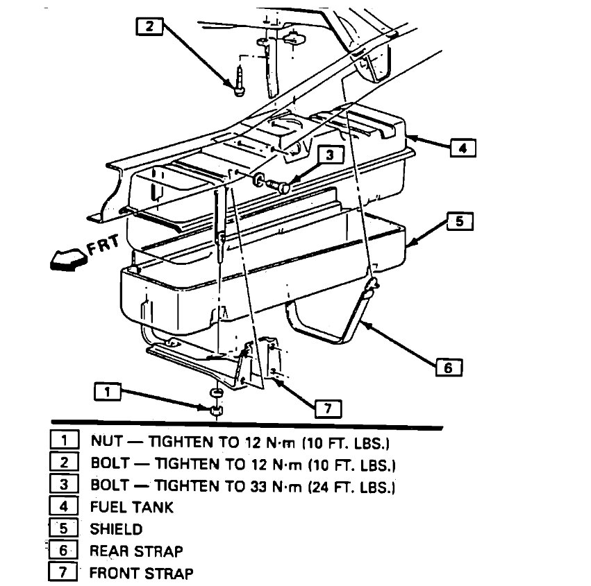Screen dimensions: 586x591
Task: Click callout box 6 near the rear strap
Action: tap(448, 368)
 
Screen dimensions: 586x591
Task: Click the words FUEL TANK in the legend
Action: tap(132, 507)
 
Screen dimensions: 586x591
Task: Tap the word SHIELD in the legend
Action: tap(116, 529)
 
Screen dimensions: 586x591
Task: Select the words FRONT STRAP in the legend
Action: tap(141, 573)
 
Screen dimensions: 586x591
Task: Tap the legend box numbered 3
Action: tap(63, 484)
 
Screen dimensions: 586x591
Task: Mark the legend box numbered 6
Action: tap(63, 551)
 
